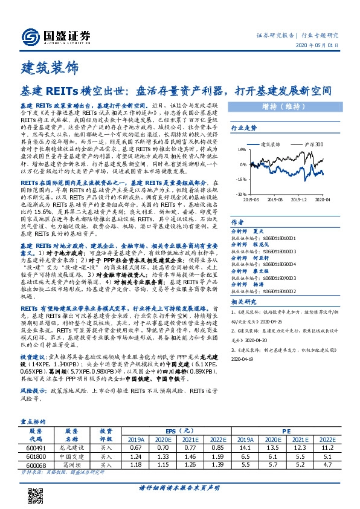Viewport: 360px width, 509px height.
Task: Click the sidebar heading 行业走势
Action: [x=244, y=128]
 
